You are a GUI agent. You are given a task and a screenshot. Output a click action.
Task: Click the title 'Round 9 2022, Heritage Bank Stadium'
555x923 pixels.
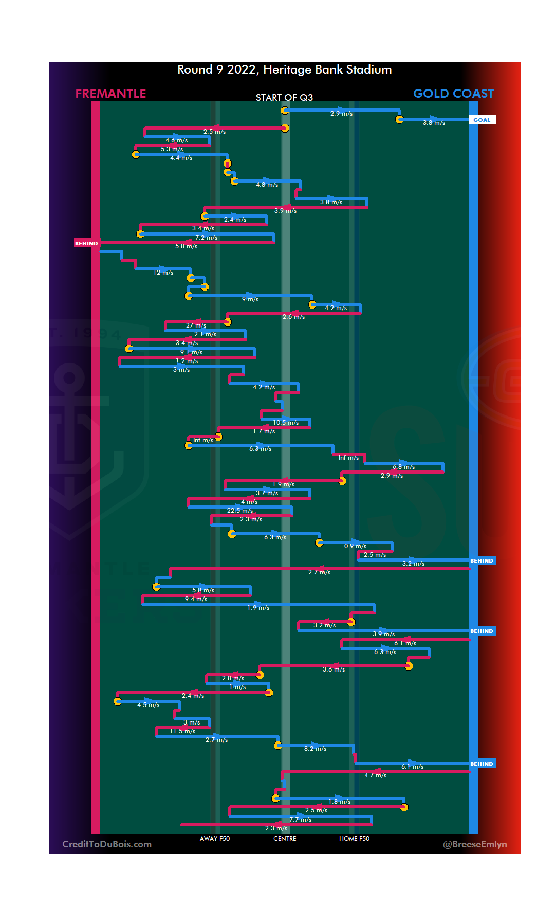(x=284, y=70)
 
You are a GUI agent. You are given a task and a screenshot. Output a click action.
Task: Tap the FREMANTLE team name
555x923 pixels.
(x=110, y=94)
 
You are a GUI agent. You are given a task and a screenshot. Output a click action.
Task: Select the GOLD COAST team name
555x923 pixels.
(x=453, y=94)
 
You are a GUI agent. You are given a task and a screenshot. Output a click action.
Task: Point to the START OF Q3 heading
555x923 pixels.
(x=284, y=98)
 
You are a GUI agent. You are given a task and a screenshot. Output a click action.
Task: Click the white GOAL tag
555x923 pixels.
(x=482, y=120)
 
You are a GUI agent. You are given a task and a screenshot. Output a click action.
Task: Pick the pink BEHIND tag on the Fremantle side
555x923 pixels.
(x=86, y=243)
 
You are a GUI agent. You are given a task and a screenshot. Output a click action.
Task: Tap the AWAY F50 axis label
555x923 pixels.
(x=215, y=839)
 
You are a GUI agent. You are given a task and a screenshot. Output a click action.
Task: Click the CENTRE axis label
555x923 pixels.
(x=285, y=839)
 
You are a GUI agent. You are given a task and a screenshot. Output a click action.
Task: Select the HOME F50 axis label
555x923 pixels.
(x=354, y=839)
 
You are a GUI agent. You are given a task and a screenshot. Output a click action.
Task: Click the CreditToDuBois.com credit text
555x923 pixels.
(x=107, y=844)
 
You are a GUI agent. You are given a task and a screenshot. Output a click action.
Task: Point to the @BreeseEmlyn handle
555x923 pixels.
(x=475, y=844)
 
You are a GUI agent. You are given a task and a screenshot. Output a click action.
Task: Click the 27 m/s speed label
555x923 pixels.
(x=196, y=325)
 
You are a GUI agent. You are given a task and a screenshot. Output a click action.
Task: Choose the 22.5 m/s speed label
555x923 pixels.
(x=240, y=511)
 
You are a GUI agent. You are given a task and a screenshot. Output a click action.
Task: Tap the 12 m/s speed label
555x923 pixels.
(x=163, y=273)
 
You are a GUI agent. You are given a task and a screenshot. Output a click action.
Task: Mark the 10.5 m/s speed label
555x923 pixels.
(x=286, y=423)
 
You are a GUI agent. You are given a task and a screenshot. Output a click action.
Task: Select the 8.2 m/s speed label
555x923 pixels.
(x=315, y=749)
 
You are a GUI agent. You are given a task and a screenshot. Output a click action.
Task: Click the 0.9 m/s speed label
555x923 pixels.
(x=355, y=546)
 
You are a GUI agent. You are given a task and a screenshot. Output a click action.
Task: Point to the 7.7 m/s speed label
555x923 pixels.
(x=300, y=820)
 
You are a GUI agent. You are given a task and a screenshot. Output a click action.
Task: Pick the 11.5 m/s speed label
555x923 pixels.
(x=182, y=731)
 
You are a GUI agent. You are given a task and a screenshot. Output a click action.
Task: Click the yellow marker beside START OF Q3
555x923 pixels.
(x=285, y=110)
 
